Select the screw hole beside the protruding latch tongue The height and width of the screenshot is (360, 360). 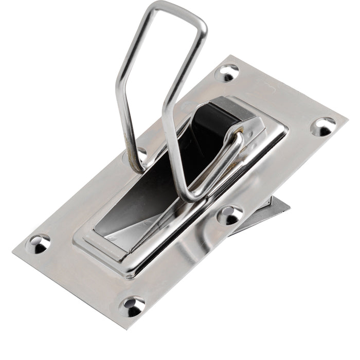click(x=230, y=214)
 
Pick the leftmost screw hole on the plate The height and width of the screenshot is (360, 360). click(x=39, y=243)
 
